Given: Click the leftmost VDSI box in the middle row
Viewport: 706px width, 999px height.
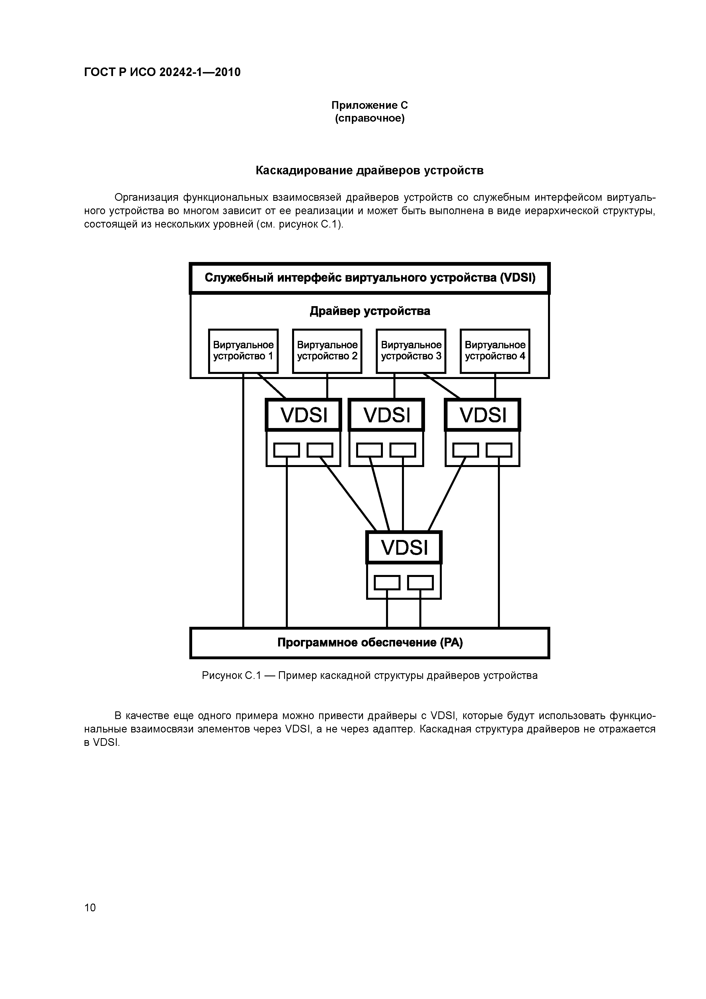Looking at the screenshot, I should [304, 415].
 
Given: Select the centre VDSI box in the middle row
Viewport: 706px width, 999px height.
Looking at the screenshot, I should [387, 415].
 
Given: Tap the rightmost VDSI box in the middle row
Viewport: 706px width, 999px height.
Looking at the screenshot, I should [483, 415].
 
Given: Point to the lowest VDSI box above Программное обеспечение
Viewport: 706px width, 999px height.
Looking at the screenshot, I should [404, 547].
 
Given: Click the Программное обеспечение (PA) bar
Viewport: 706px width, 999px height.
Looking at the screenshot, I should [370, 643].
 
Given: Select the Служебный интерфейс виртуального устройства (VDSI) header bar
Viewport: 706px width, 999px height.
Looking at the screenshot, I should [370, 278].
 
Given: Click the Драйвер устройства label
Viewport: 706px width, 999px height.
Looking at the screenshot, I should [370, 311].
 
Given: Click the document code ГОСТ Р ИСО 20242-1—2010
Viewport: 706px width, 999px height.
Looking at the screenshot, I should [162, 72].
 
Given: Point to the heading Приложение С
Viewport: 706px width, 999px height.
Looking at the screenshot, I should [370, 105].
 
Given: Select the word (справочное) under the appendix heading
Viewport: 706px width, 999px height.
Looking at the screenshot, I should [370, 118].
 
